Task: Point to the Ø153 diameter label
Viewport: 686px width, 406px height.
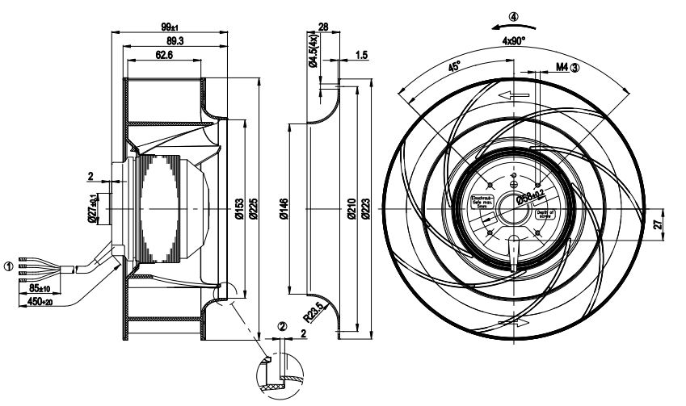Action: tap(239, 210)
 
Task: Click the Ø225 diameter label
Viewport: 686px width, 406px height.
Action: tap(253, 210)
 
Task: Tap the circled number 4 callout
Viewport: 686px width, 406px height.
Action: tap(514, 15)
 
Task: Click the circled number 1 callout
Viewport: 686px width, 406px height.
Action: tap(9, 265)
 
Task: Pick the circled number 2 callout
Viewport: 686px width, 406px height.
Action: tap(282, 327)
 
